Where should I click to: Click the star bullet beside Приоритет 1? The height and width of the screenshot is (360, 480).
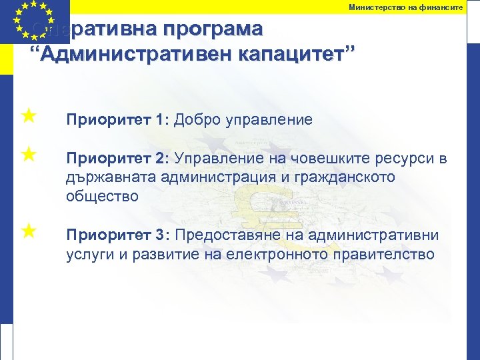[28, 117]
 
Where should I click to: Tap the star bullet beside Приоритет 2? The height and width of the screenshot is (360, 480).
[28, 155]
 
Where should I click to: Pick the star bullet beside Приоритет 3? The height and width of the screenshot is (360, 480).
[28, 231]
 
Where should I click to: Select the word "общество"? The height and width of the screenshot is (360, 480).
[102, 196]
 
